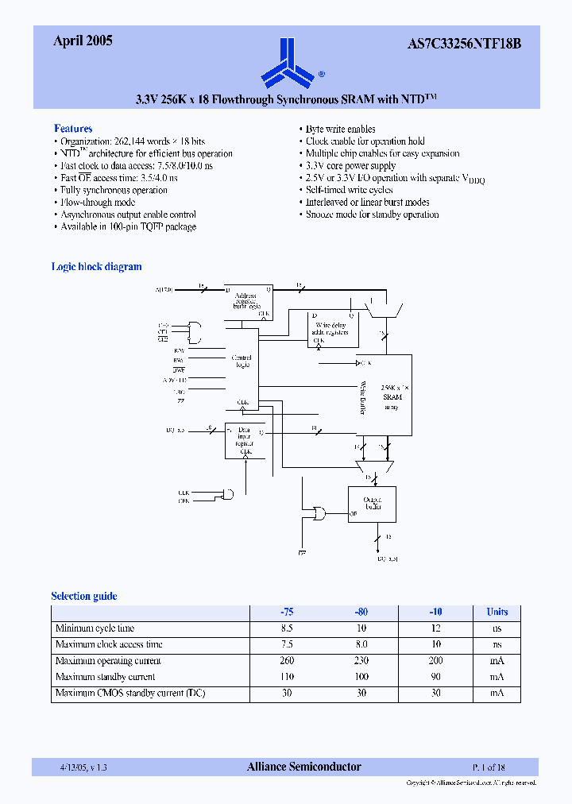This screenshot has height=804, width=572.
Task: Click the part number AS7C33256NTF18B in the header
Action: [470, 44]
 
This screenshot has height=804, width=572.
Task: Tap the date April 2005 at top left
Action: [83, 41]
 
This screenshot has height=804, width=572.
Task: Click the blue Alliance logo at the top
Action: [288, 64]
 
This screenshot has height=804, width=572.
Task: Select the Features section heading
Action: [73, 129]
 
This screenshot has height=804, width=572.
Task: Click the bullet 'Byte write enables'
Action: [340, 129]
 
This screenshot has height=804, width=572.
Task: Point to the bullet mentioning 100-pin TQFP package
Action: [129, 227]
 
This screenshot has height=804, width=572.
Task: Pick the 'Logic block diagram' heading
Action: [97, 267]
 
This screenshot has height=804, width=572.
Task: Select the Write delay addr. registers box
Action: [333, 328]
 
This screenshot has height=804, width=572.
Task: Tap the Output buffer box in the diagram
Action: [372, 504]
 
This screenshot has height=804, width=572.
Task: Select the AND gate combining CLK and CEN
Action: [228, 495]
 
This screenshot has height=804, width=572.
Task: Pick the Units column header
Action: [497, 613]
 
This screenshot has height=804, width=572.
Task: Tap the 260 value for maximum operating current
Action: [287, 661]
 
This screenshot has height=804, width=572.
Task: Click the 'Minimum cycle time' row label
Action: [95, 628]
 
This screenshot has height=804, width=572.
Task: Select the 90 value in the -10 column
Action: [435, 677]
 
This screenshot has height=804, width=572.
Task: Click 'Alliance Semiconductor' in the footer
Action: [303, 767]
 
